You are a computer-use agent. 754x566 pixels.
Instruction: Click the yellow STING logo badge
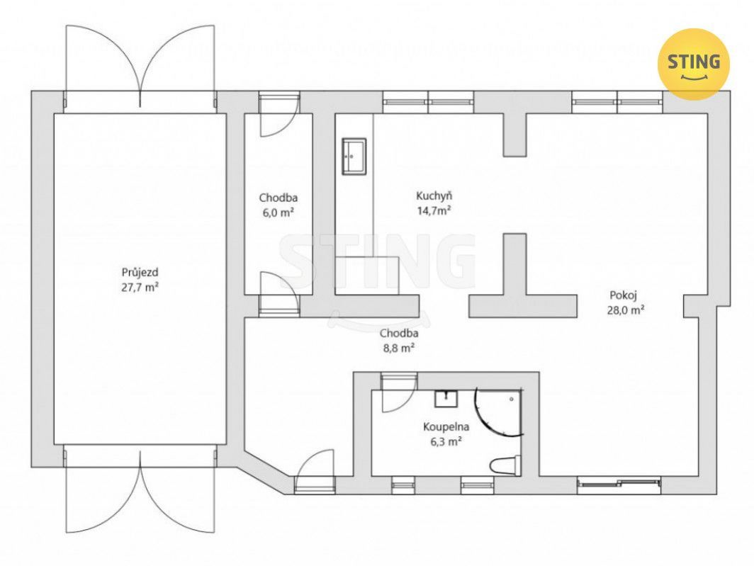(x=693, y=64)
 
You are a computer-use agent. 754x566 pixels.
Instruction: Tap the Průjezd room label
(x=140, y=273)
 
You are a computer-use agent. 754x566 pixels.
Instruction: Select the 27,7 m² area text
(x=140, y=288)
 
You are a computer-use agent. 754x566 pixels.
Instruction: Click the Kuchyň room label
(x=434, y=196)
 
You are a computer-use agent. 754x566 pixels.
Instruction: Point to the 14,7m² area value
(x=434, y=210)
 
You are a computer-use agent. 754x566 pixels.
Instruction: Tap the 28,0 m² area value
(x=626, y=310)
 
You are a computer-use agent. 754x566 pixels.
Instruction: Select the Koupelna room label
(x=446, y=426)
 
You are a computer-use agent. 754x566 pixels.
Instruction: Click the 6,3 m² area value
(x=446, y=441)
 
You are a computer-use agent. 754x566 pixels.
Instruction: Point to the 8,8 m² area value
(x=399, y=348)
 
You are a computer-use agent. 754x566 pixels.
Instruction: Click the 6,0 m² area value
(x=278, y=213)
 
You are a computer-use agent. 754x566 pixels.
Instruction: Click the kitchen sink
(x=354, y=156)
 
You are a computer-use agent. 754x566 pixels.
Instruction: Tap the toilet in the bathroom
(x=505, y=465)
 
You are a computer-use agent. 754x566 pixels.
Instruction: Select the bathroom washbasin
(x=446, y=398)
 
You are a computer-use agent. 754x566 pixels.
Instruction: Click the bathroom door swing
(x=398, y=392)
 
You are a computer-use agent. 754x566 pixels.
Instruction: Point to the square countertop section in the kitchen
(x=367, y=275)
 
